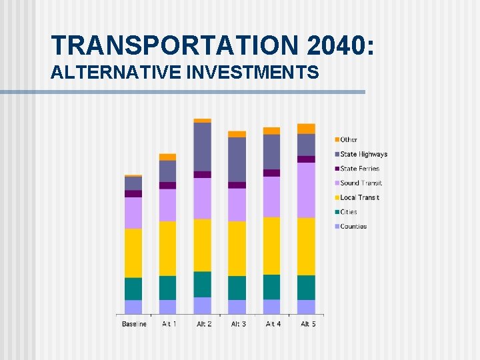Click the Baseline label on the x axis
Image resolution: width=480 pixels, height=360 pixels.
pyautogui.click(x=134, y=324)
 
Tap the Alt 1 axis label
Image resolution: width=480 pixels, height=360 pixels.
pyautogui.click(x=169, y=324)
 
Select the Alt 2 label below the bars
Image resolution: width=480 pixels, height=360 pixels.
pyautogui.click(x=203, y=324)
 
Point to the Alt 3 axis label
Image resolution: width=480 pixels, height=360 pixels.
pyautogui.click(x=238, y=324)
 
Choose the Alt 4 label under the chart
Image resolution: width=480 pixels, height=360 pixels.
pyautogui.click(x=273, y=324)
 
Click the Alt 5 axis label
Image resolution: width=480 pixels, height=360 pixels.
pyautogui.click(x=307, y=324)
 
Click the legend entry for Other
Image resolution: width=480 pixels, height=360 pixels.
pyautogui.click(x=349, y=139)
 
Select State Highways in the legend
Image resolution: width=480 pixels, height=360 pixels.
pyautogui.click(x=363, y=154)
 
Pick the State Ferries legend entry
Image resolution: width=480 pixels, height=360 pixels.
pyautogui.click(x=359, y=169)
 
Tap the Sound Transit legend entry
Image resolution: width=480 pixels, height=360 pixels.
pyautogui.click(x=361, y=183)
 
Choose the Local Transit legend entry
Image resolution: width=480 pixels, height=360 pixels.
pyautogui.click(x=359, y=197)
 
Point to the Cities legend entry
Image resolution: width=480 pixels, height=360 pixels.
pyautogui.click(x=349, y=212)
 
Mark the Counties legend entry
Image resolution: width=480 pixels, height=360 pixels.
pyautogui.click(x=353, y=227)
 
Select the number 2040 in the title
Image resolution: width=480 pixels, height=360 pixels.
pyautogui.click(x=341, y=45)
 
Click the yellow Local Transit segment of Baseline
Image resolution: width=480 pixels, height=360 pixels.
pyautogui.click(x=133, y=253)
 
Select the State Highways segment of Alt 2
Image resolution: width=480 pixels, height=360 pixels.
pyautogui.click(x=203, y=147)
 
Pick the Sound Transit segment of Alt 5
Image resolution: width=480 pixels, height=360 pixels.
pyautogui.click(x=307, y=190)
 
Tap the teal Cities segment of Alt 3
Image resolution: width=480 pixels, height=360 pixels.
pyautogui.click(x=237, y=287)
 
